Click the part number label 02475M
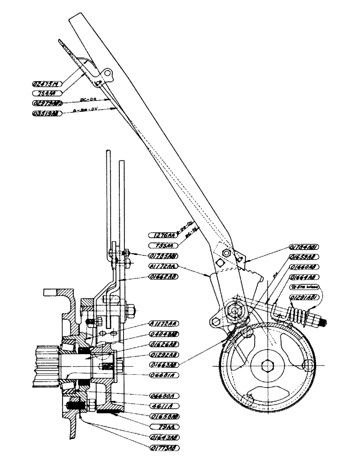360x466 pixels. pyautogui.click(x=48, y=84)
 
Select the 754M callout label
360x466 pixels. pyautogui.click(x=48, y=93)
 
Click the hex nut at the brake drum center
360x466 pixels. pyautogui.click(x=267, y=366)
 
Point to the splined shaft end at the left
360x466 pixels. pyautogui.click(x=46, y=365)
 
